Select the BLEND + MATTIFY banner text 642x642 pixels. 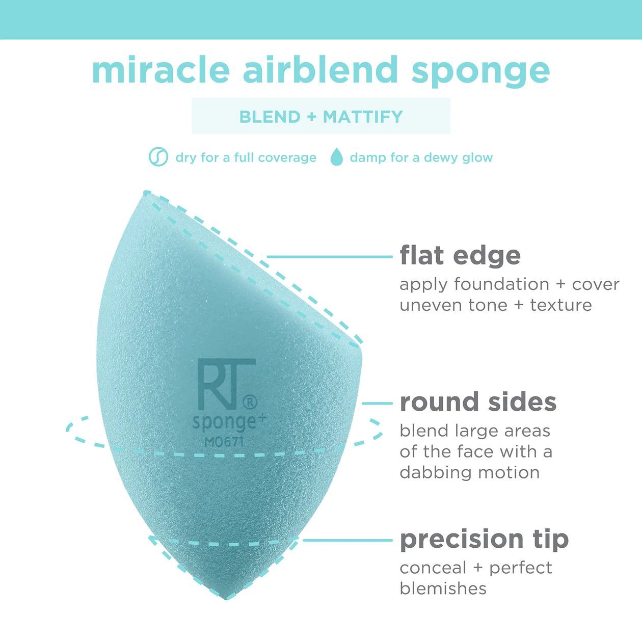pos(321,117)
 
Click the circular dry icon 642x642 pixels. pos(158,157)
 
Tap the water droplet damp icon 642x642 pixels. pos(336,157)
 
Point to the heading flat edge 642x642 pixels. pos(460,255)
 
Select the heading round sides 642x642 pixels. pos(477,402)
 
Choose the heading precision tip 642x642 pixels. pos(484,539)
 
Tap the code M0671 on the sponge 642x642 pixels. pos(224,442)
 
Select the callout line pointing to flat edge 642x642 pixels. pos(329,257)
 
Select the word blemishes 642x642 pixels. pos(443,588)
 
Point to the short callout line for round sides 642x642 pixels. pos(378,403)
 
